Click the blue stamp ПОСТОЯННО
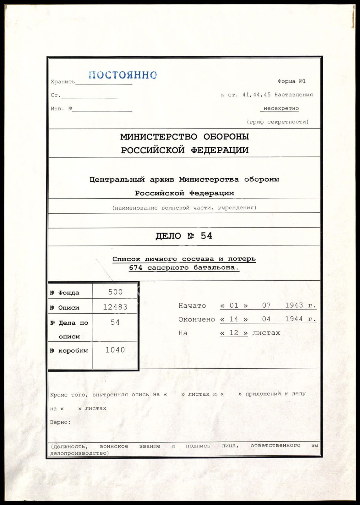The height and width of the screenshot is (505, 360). [123, 75]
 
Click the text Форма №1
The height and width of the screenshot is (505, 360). [292, 81]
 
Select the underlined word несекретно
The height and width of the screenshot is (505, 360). [281, 108]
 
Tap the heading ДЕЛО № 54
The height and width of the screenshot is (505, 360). [184, 236]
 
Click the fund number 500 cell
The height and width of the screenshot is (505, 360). [115, 292]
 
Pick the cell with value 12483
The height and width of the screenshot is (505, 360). [115, 307]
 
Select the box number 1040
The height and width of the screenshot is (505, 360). [115, 350]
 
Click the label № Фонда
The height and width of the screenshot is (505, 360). [65, 293]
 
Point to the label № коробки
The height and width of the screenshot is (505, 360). [69, 351]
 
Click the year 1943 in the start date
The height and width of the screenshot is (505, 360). [294, 305]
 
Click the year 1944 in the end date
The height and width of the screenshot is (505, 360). [294, 319]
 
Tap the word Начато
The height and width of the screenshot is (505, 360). [192, 306]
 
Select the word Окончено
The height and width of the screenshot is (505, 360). [197, 320]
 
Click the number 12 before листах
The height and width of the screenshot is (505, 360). [234, 333]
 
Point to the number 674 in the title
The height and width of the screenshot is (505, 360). [135, 268]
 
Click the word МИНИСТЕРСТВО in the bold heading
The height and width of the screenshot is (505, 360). [159, 137]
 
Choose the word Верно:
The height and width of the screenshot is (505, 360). [60, 422]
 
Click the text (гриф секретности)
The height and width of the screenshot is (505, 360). [278, 122]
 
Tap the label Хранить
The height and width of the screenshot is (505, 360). [63, 82]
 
